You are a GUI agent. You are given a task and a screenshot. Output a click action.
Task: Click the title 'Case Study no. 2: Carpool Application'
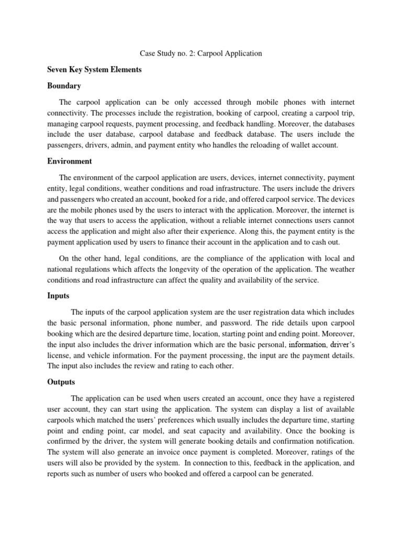click(x=201, y=53)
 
